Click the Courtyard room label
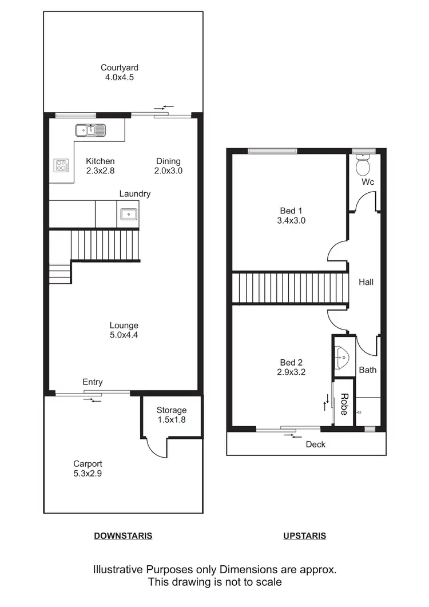120,68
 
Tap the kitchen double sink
91,130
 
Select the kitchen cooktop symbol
61,166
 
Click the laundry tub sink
129,215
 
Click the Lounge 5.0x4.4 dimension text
124,335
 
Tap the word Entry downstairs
93,382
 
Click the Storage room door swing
156,446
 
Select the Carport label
88,464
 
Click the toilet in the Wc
363,166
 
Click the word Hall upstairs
366,282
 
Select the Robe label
344,404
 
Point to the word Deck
316,444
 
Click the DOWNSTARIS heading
123,536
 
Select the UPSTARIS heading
305,536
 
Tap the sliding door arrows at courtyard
167,107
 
